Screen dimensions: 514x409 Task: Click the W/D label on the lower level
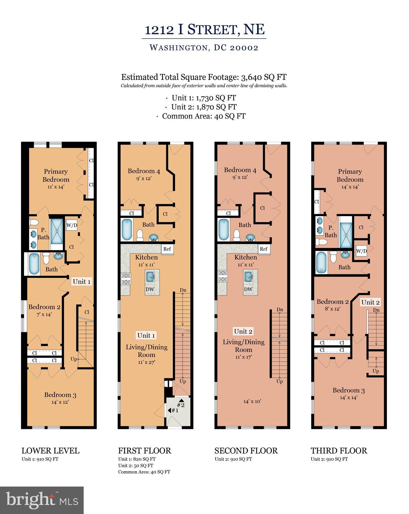coord(72,225)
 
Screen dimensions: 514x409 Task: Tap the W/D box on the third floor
coord(361,251)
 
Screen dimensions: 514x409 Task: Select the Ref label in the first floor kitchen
coord(167,249)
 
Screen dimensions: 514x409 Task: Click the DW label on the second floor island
coord(248,289)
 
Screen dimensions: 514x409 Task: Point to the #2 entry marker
coord(181,403)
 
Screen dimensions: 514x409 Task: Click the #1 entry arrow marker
coord(173,410)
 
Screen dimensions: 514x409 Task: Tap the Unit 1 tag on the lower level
coord(82,281)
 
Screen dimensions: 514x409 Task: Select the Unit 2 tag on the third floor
coord(371,302)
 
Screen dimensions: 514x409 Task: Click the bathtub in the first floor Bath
coord(127,229)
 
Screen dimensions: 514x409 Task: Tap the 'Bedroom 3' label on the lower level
coord(60,395)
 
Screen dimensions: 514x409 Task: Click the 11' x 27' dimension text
coord(147,362)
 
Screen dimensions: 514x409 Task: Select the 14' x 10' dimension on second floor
coord(252,401)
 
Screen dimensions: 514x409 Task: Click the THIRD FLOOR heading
coord(339,450)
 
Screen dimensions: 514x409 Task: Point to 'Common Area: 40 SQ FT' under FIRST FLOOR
coord(144,472)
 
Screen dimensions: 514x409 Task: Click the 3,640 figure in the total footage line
coord(251,77)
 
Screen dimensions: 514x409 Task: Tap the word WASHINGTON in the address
coord(178,48)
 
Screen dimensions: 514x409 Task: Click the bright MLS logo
coord(42,500)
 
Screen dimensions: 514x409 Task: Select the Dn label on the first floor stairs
coord(183,290)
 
